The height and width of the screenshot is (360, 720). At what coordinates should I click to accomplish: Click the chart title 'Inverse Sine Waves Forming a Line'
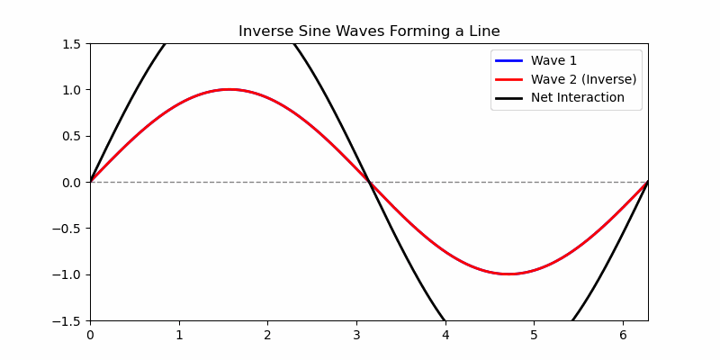369,31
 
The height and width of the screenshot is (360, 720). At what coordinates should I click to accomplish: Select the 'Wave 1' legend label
553,61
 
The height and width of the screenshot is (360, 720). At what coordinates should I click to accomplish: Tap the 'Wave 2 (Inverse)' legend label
583,79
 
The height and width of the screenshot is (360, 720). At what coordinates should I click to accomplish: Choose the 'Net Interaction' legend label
577,97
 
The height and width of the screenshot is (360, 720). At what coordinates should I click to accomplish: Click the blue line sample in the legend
508,61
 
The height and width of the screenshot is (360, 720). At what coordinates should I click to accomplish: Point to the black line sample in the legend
508,97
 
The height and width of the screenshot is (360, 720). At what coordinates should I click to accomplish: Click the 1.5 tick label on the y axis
72,43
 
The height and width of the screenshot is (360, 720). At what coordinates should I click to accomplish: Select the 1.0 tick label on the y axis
72,90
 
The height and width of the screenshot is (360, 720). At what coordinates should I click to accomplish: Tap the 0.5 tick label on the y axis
72,136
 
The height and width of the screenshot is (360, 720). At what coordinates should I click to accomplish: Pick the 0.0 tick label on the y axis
72,182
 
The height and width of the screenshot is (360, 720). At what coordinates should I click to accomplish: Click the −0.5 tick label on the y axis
68,229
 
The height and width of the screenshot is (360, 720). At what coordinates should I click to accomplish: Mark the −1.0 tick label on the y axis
68,274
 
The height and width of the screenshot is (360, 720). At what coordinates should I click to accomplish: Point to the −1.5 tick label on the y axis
68,320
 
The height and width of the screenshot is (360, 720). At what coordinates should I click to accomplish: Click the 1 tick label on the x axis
179,335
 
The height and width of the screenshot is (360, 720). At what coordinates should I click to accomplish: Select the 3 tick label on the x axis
356,335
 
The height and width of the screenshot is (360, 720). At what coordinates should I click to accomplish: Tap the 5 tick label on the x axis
534,335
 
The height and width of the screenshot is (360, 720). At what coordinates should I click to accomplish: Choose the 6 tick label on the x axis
623,335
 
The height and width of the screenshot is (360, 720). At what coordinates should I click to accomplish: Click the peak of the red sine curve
229,89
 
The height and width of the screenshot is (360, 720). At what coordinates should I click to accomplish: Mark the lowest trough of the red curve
508,274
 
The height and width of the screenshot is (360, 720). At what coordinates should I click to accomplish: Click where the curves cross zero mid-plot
369,182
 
